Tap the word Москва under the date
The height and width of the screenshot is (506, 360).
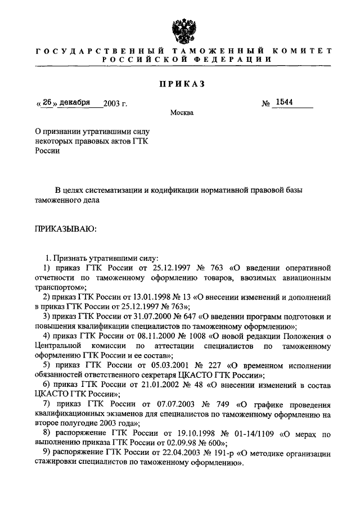[x=182, y=113]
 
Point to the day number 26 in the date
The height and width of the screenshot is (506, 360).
[x=47, y=103]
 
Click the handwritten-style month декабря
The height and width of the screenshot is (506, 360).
[x=75, y=103]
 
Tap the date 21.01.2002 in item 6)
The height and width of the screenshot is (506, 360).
[x=156, y=384]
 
